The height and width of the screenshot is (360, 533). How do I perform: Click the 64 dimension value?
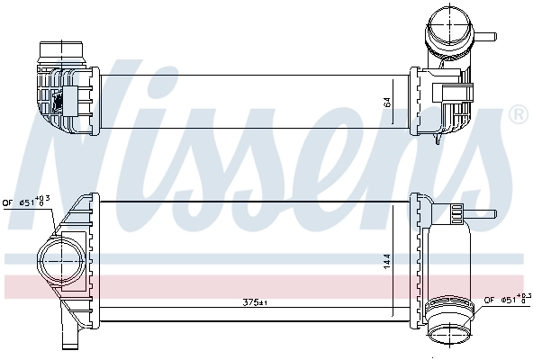pos(387,103)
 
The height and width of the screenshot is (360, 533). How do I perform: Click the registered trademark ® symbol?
pos(519,115)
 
